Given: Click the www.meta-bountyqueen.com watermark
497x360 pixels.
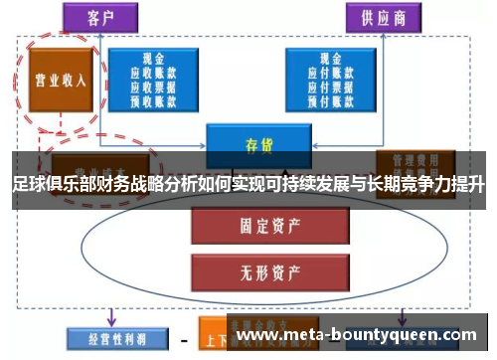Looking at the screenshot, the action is coord(361,335).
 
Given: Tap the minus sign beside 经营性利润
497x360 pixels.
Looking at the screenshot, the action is coord(184,339).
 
